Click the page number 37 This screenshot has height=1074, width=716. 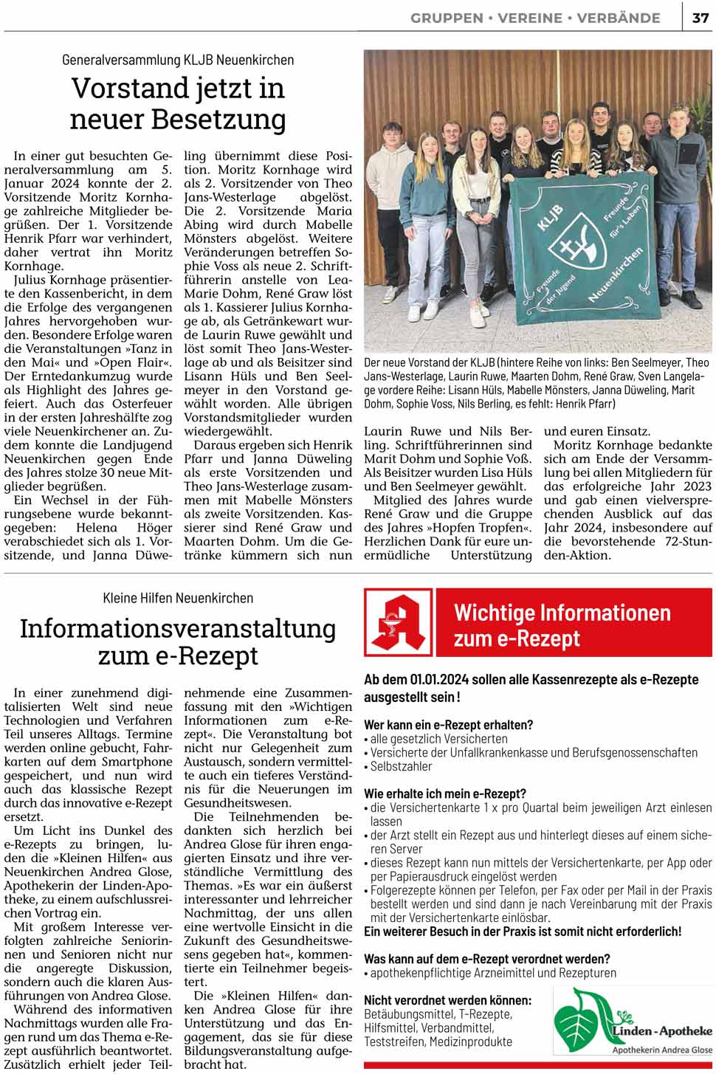(700, 18)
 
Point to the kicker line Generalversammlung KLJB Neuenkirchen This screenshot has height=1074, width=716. (178, 60)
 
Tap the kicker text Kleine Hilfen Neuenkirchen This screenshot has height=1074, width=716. (178, 598)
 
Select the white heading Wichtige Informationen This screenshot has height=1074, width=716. (562, 613)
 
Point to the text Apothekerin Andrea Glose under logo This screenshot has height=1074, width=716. (661, 1050)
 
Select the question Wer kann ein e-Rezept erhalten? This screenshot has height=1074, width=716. (448, 725)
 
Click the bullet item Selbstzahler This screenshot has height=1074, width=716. (401, 766)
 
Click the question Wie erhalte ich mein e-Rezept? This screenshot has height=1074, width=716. (445, 794)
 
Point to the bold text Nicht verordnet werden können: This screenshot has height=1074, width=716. (447, 1000)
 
